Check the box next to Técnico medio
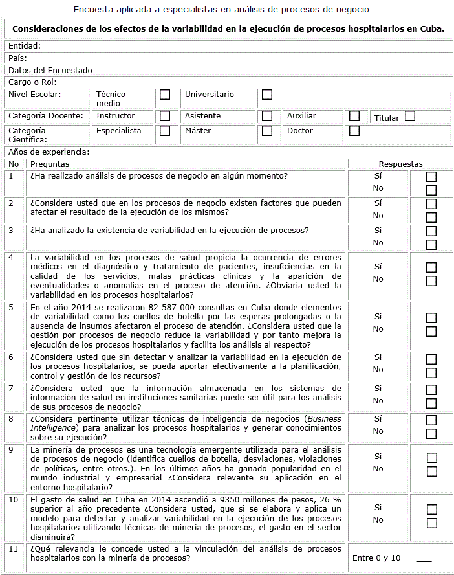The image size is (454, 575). pos(165,95)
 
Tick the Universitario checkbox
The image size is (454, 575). pos(267,95)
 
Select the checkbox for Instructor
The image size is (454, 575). pos(165,116)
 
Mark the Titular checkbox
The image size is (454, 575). pos(410,117)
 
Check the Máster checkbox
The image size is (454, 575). pos(267,131)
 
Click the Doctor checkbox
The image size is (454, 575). pos(354,131)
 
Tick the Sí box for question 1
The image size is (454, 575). pos(431,176)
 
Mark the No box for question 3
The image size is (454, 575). pos(431,244)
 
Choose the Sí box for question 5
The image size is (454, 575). pos(431,317)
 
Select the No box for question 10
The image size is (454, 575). pos(431,523)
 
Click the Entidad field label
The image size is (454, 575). pos(25,46)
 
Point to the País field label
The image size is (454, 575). pos(17,58)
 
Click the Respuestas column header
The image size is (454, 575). pos(400,164)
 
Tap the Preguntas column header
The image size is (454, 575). pos(50,164)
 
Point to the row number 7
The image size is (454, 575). pos(12,388)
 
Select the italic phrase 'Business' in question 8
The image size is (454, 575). pos(325,419)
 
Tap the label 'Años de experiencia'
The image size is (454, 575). pos(49,152)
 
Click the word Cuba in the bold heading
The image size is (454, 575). pos(431,29)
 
